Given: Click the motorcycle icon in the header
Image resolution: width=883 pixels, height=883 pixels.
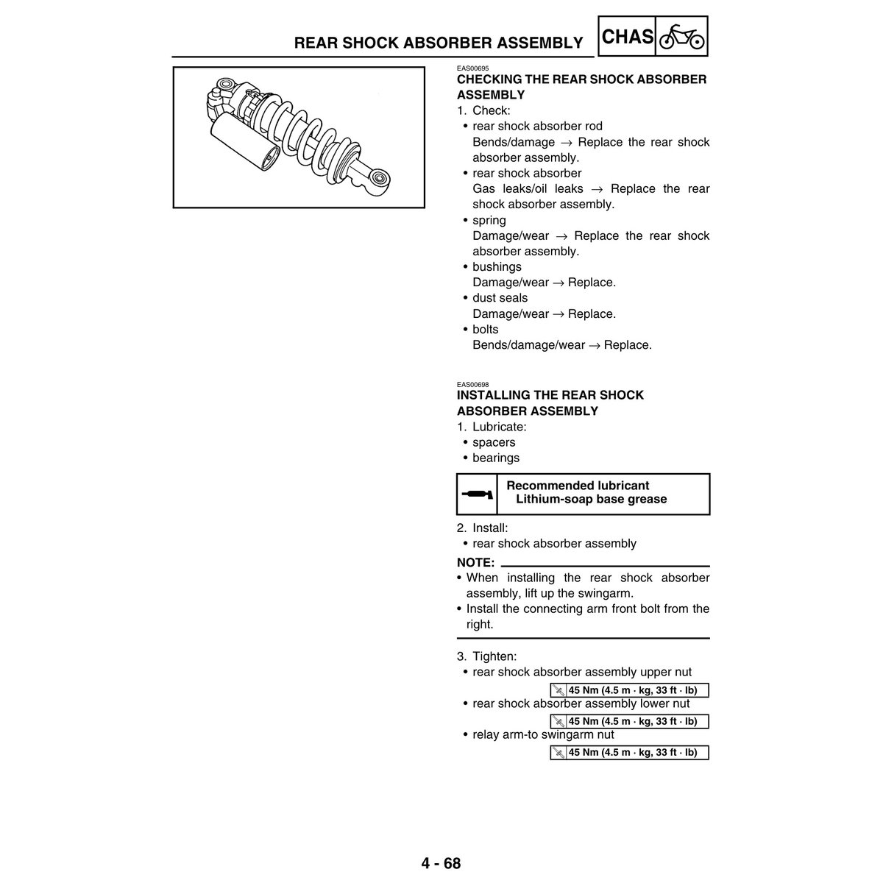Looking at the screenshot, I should pos(681,36).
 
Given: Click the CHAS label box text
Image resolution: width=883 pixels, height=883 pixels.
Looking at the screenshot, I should pos(628,36).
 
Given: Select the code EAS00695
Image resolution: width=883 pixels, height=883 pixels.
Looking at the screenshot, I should pos(472,68).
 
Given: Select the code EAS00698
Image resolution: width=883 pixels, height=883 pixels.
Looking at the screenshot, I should pos(472,384).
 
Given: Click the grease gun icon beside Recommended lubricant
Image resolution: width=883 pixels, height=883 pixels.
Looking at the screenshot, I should pos(477,493).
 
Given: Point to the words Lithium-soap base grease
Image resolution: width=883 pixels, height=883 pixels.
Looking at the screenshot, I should pos(591,499).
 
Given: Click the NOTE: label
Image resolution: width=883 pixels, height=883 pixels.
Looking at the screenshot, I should pos(475,562).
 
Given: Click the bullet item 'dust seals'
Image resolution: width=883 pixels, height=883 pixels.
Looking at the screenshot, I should pos(500,298).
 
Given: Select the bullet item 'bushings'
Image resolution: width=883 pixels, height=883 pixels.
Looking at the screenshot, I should pos(497,267).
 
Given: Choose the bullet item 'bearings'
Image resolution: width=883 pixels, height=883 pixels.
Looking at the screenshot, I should pos(495,458).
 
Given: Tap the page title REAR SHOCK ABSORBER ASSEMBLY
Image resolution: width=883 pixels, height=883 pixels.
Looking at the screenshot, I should pos(439,43).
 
